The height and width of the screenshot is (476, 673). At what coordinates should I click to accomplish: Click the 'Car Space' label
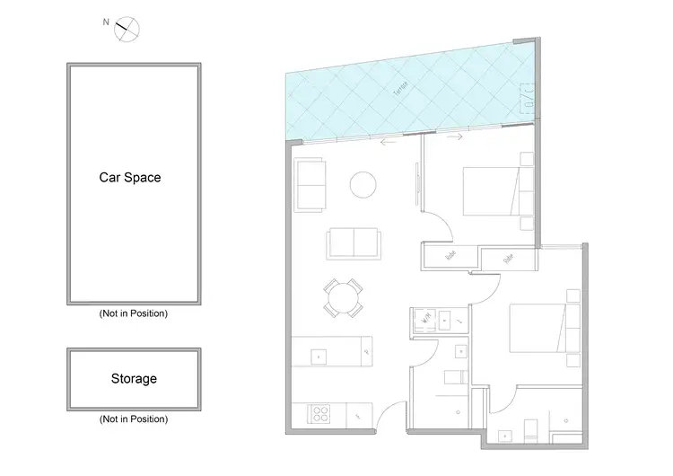(x=130, y=178)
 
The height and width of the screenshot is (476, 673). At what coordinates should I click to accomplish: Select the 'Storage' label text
(x=134, y=378)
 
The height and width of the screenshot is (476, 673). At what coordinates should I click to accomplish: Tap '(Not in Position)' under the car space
(x=133, y=314)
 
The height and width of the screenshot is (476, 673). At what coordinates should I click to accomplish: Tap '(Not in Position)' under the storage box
(x=133, y=419)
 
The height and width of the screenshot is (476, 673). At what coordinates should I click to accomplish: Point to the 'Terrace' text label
(x=400, y=90)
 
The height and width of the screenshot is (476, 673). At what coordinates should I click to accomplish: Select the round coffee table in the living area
(x=363, y=184)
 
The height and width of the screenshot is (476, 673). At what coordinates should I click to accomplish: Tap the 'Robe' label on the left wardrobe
(x=451, y=256)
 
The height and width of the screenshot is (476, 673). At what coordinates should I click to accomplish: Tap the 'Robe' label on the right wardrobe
(x=508, y=259)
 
